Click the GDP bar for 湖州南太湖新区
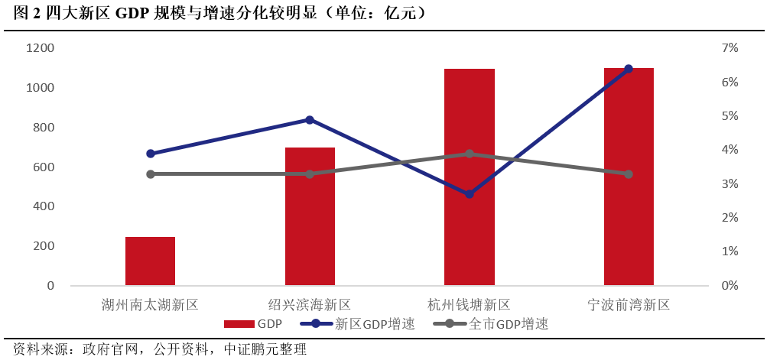150,261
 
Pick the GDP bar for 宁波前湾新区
629,177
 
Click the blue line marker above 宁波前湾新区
629,69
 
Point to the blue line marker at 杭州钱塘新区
470,194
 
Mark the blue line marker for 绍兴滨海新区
310,120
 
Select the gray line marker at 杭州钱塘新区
470,154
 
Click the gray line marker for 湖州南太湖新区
151,174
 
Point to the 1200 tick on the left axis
40,48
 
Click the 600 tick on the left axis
43,167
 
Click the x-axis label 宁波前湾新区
629,305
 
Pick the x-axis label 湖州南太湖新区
150,305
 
